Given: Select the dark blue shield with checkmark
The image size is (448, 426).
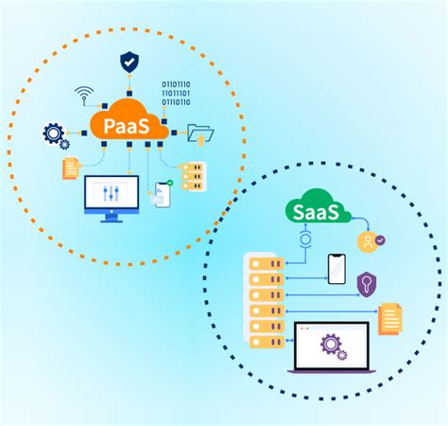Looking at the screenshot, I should [129, 62].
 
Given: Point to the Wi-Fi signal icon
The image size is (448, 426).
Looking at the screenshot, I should [84, 96].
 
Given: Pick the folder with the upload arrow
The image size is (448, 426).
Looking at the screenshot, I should [200, 134].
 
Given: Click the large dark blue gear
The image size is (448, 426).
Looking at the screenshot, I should [53, 133].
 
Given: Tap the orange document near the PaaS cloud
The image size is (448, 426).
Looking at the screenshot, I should [69, 169].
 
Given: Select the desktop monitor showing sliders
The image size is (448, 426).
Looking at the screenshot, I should [112, 198].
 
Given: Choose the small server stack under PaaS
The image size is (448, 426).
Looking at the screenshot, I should [192, 175].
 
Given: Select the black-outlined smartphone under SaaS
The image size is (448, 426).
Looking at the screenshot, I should [336, 269].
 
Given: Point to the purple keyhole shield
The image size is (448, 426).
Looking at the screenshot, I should [367, 283].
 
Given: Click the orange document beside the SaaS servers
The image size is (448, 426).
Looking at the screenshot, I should [388, 319].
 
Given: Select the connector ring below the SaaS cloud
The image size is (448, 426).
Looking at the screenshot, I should [304, 239].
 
